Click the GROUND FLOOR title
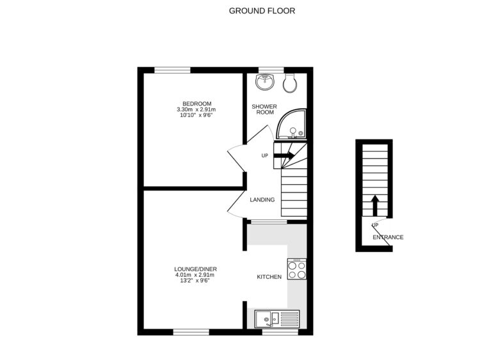(x=262, y=11)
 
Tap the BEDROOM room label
(x=196, y=104)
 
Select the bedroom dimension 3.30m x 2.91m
(x=196, y=110)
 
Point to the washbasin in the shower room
(x=264, y=81)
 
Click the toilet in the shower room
(x=290, y=81)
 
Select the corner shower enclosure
(x=292, y=127)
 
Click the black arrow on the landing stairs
(x=285, y=155)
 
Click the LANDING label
(x=262, y=200)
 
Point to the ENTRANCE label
(x=388, y=237)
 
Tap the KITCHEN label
(x=269, y=277)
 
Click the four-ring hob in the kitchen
(x=297, y=270)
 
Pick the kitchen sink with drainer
(x=277, y=317)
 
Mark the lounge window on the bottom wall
(x=191, y=332)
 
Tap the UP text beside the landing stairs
(x=264, y=155)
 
